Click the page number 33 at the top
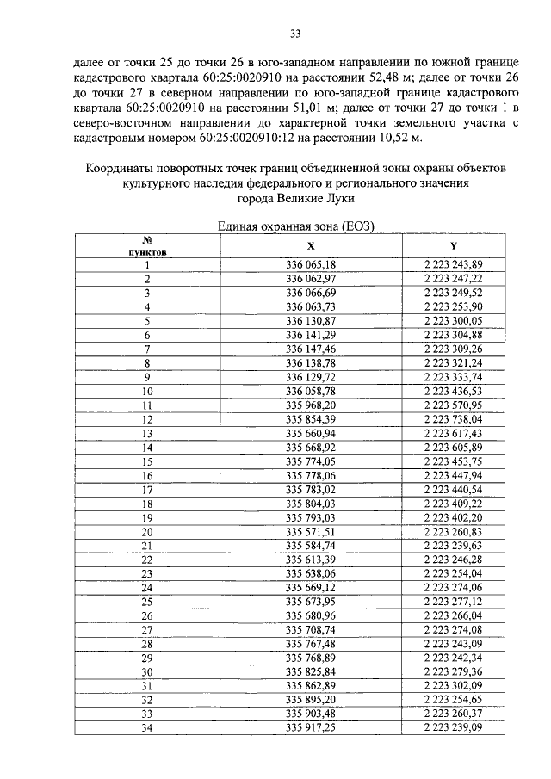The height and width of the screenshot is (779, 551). [x=294, y=34]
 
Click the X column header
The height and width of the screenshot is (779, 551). [x=311, y=245]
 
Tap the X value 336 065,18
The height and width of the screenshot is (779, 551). [x=311, y=265]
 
